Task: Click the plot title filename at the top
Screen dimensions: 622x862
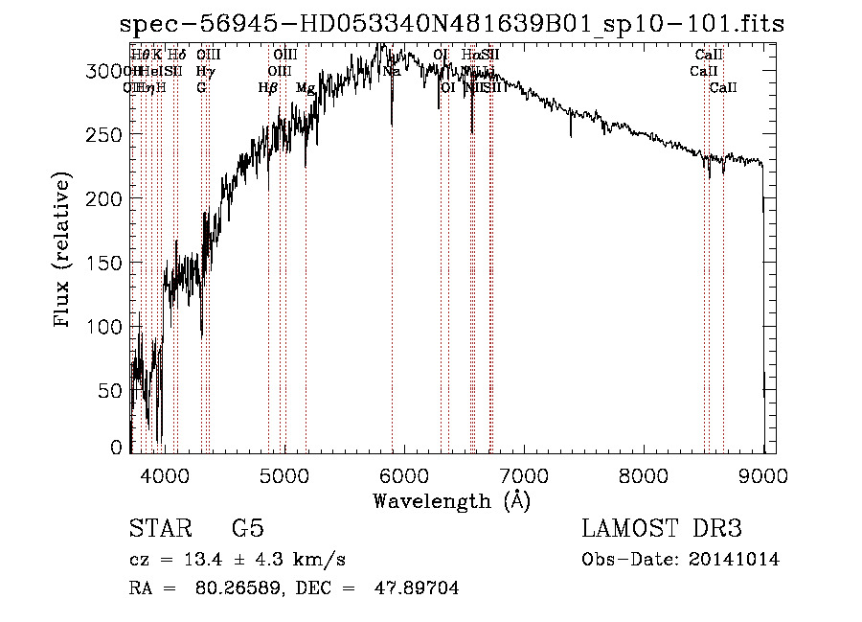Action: (x=452, y=24)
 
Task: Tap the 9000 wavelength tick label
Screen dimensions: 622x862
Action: (x=763, y=473)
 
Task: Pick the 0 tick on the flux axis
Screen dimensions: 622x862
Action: (x=117, y=448)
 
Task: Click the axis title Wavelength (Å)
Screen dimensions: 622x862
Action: (x=451, y=500)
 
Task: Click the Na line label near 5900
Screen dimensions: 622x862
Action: (x=391, y=72)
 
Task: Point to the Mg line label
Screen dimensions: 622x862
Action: (x=305, y=88)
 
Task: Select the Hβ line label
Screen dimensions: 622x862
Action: (x=267, y=88)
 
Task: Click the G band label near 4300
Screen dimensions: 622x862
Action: (x=201, y=88)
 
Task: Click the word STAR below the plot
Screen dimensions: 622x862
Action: (x=155, y=528)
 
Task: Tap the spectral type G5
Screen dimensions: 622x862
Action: (x=247, y=528)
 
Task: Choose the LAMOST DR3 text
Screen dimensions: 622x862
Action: (x=662, y=528)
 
